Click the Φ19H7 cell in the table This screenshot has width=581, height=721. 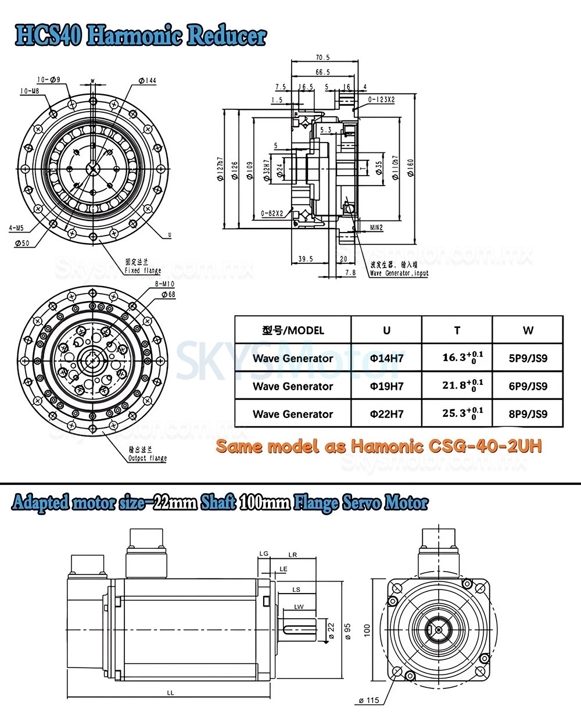(386, 386)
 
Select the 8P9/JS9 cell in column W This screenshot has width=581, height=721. (528, 414)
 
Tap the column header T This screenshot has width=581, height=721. (457, 330)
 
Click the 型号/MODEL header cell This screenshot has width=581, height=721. (293, 330)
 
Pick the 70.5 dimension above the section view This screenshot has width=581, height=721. (322, 58)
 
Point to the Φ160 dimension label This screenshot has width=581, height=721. (410, 169)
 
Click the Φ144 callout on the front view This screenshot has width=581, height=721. (148, 80)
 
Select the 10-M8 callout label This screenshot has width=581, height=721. (29, 91)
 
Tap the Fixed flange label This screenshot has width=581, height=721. (143, 270)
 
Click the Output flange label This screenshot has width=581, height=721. (147, 458)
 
